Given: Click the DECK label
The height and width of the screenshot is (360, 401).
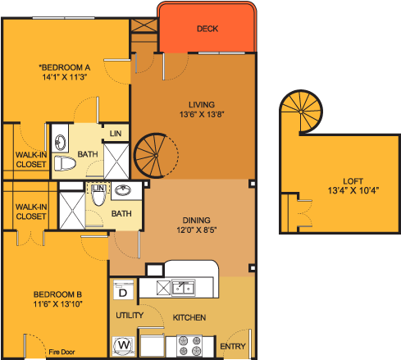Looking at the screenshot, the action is click(207, 29).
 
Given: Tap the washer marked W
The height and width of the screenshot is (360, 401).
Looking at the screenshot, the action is click(124, 345).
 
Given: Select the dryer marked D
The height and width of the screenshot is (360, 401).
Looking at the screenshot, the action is click(123, 289).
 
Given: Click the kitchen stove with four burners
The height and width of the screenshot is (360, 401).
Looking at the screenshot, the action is click(189, 345).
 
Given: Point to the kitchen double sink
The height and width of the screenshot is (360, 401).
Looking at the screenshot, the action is click(184, 288).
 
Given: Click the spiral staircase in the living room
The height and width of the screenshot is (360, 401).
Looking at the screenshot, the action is click(156, 156).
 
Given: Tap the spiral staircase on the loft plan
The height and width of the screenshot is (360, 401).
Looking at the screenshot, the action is click(301, 112).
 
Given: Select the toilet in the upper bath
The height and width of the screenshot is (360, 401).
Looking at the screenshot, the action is click(65, 163).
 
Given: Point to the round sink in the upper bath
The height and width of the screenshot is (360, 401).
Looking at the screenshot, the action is click(61, 143).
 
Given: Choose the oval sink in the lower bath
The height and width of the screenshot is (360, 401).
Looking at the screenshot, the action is click(123, 190).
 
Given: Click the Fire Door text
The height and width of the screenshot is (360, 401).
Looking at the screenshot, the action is click(62, 352).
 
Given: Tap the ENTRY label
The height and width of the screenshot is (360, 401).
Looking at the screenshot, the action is click(233, 346).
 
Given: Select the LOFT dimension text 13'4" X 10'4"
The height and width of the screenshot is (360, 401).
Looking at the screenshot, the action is click(353, 190).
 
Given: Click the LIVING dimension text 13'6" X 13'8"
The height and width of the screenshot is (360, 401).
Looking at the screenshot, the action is click(202, 114).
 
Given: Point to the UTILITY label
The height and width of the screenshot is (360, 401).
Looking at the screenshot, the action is click(130, 315).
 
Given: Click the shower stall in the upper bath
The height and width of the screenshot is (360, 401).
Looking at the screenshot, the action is click(116, 161).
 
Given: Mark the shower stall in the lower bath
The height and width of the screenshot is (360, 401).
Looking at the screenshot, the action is click(72, 211).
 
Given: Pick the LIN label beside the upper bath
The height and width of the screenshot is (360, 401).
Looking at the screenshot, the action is click(116, 134).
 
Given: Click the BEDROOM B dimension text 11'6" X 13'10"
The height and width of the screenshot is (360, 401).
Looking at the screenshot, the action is click(57, 304).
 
